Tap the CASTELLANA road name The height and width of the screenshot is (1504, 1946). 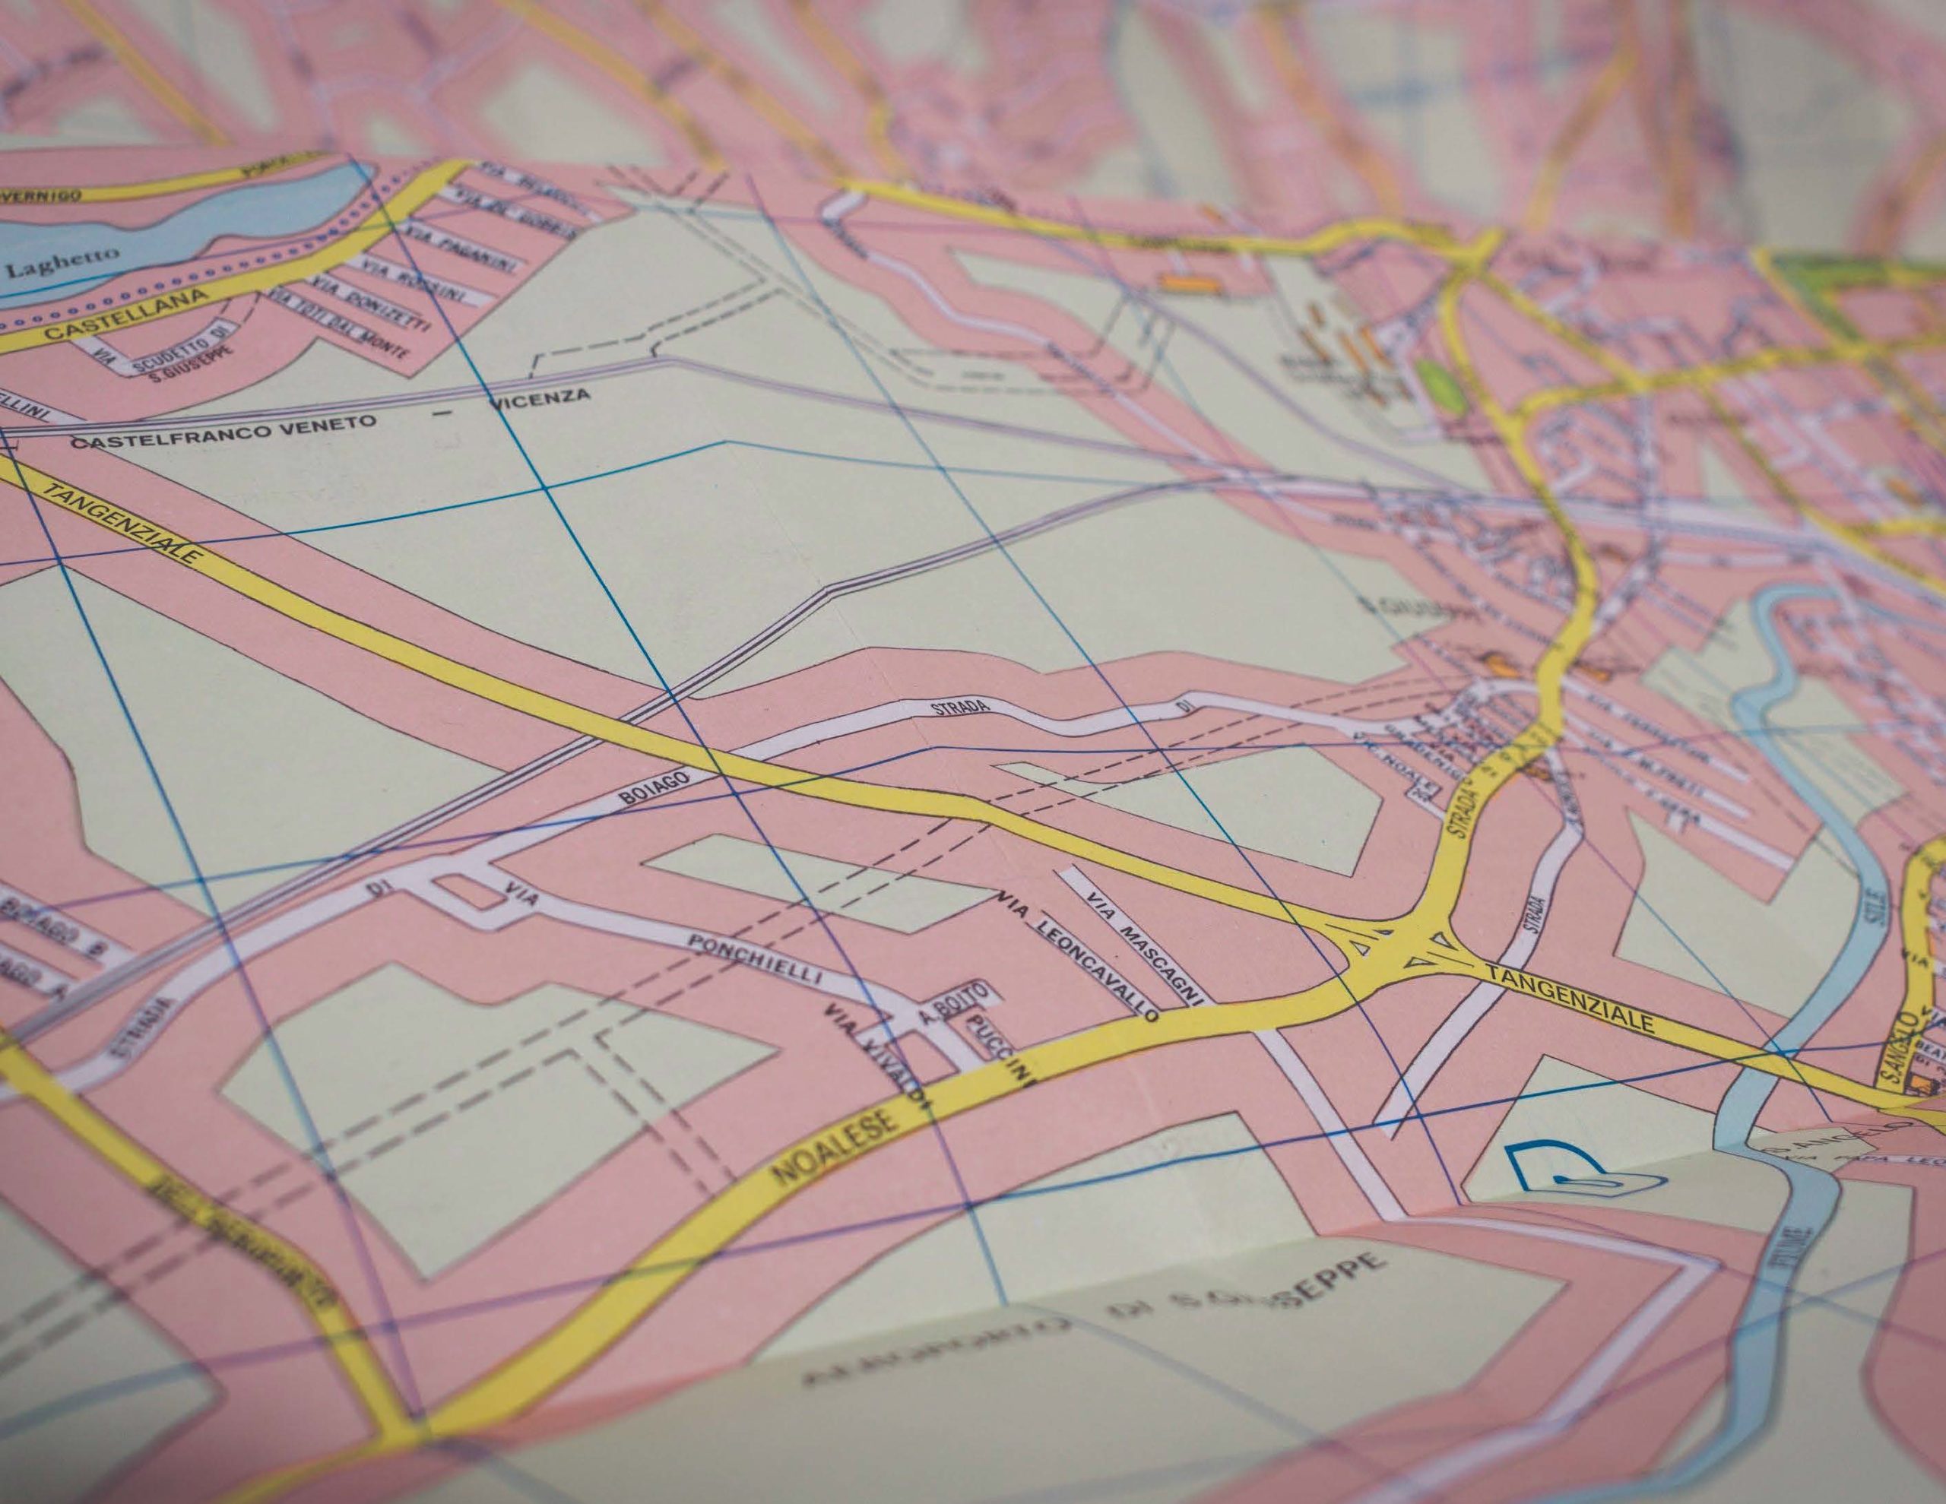tap(126, 315)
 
